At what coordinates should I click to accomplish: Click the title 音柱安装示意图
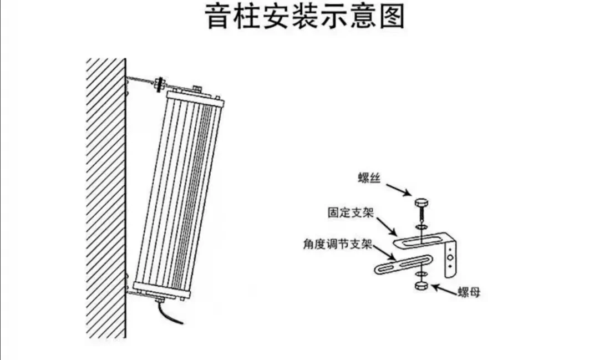305,16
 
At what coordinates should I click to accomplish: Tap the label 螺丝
369,178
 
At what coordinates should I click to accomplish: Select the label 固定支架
351,212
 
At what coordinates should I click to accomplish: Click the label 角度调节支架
337,244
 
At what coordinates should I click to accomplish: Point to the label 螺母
469,293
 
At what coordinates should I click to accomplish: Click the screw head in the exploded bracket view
421,202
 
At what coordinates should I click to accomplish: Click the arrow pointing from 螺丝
398,190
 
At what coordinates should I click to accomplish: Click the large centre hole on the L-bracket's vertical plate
451,257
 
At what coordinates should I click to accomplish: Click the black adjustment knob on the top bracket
159,84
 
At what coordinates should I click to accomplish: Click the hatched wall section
106,199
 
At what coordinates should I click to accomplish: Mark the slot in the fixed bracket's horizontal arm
420,241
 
